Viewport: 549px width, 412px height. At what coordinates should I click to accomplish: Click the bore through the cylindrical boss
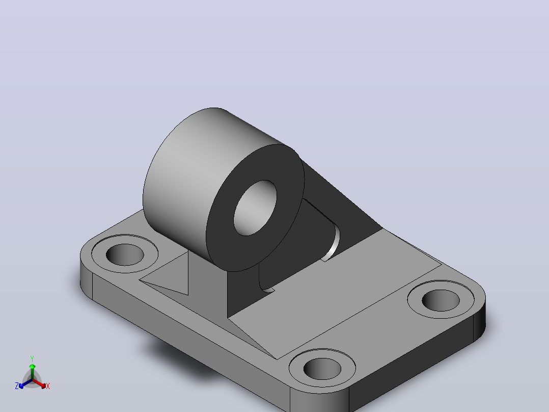pyautogui.click(x=255, y=208)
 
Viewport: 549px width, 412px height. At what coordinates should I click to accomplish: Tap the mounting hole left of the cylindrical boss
pyautogui.click(x=125, y=254)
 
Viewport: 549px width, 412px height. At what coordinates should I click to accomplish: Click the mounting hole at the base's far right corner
pyautogui.click(x=441, y=300)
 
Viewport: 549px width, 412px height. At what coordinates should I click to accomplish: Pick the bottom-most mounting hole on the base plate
pyautogui.click(x=322, y=369)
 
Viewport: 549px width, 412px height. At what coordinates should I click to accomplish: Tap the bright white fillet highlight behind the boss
pyautogui.click(x=333, y=244)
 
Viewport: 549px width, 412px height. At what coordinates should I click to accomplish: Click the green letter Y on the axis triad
pyautogui.click(x=32, y=358)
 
